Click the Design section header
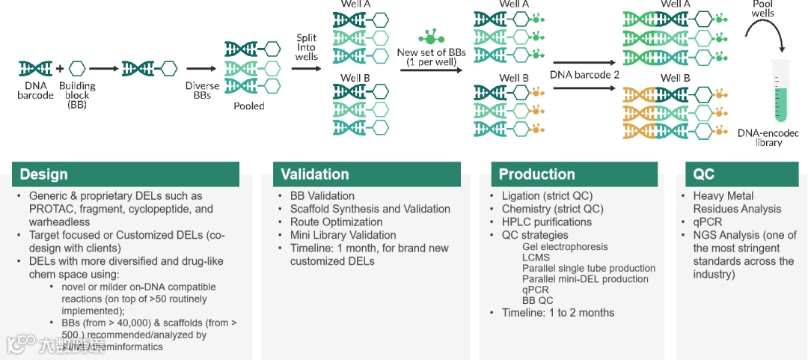(43, 174)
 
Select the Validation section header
(314, 174)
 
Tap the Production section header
(536, 174)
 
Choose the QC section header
(704, 174)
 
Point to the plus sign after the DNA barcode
(59, 69)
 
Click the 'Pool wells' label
(763, 9)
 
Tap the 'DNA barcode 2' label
(584, 75)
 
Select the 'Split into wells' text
(307, 46)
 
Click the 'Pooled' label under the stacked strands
(249, 106)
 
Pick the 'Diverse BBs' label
(202, 91)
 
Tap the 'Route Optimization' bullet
(336, 222)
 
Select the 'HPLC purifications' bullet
(546, 222)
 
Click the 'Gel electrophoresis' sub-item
(565, 246)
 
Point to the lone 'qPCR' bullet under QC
(707, 222)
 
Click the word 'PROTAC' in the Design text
(49, 210)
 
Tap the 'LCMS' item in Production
(536, 257)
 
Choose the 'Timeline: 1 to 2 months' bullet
(557, 313)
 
